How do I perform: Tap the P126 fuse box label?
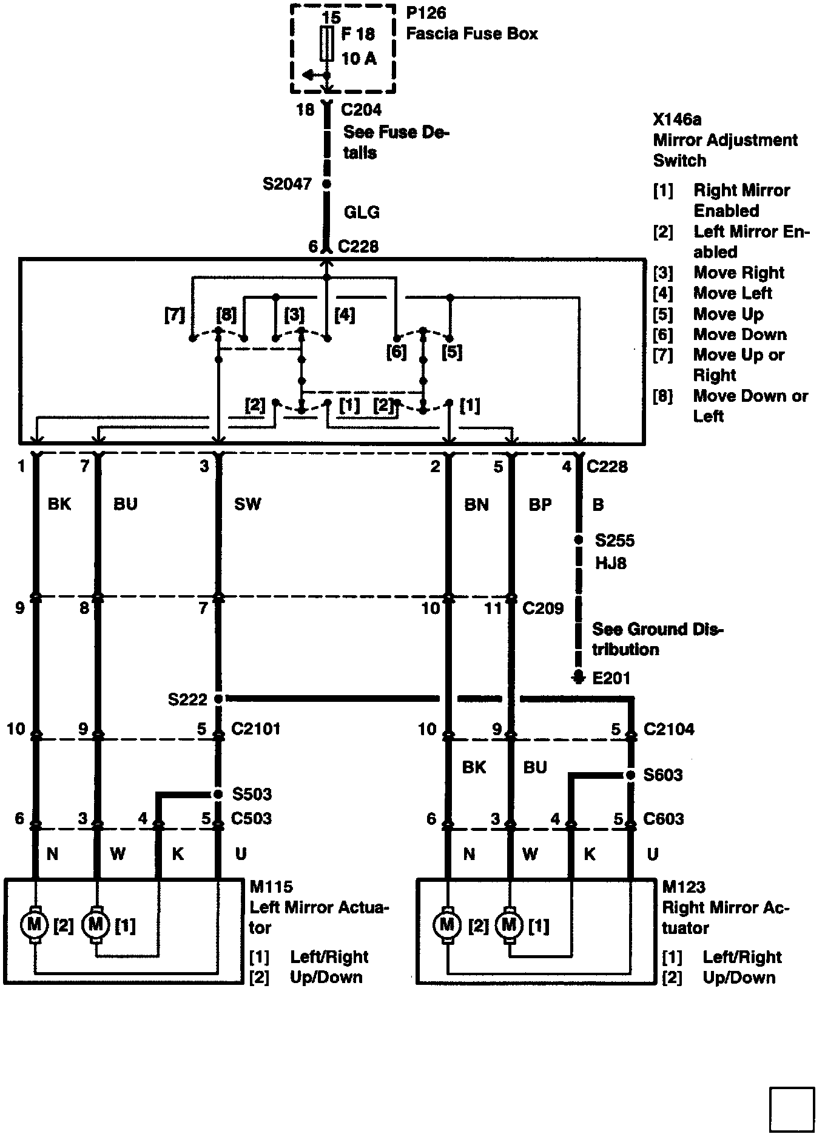pos(426,13)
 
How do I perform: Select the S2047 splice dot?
pos(327,184)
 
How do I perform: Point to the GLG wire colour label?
pos(362,212)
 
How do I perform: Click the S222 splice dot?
pos(219,699)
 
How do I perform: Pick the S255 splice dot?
pos(579,539)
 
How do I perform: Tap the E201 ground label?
pos(611,678)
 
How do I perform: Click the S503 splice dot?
pos(218,794)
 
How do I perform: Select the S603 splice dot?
pos(631,775)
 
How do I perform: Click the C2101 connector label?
pos(255,728)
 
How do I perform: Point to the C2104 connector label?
pos(668,729)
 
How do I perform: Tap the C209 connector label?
pos(543,608)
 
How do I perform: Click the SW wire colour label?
pos(247,504)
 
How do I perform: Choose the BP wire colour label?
pos(540,504)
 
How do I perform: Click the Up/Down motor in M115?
pos(34,925)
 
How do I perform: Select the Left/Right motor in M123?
pos(509,925)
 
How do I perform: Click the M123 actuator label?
pos(684,887)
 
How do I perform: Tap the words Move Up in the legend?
pos(728,314)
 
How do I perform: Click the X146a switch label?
pos(677,119)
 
